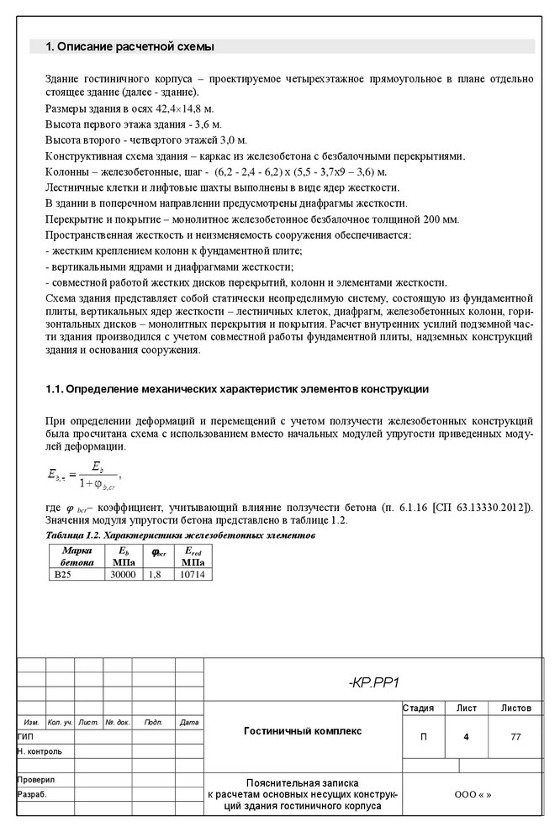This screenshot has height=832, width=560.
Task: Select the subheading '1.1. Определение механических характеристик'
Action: [236, 389]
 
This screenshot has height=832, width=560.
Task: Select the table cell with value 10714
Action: [192, 574]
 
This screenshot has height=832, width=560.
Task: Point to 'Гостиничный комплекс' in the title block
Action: [303, 731]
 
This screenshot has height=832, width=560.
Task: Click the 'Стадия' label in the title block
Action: [419, 708]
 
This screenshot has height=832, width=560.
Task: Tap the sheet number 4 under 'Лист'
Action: [466, 737]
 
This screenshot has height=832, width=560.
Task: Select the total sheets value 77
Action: [515, 737]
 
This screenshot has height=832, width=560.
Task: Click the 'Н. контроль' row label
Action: [39, 750]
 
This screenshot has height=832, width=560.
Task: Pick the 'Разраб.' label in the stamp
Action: [31, 794]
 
